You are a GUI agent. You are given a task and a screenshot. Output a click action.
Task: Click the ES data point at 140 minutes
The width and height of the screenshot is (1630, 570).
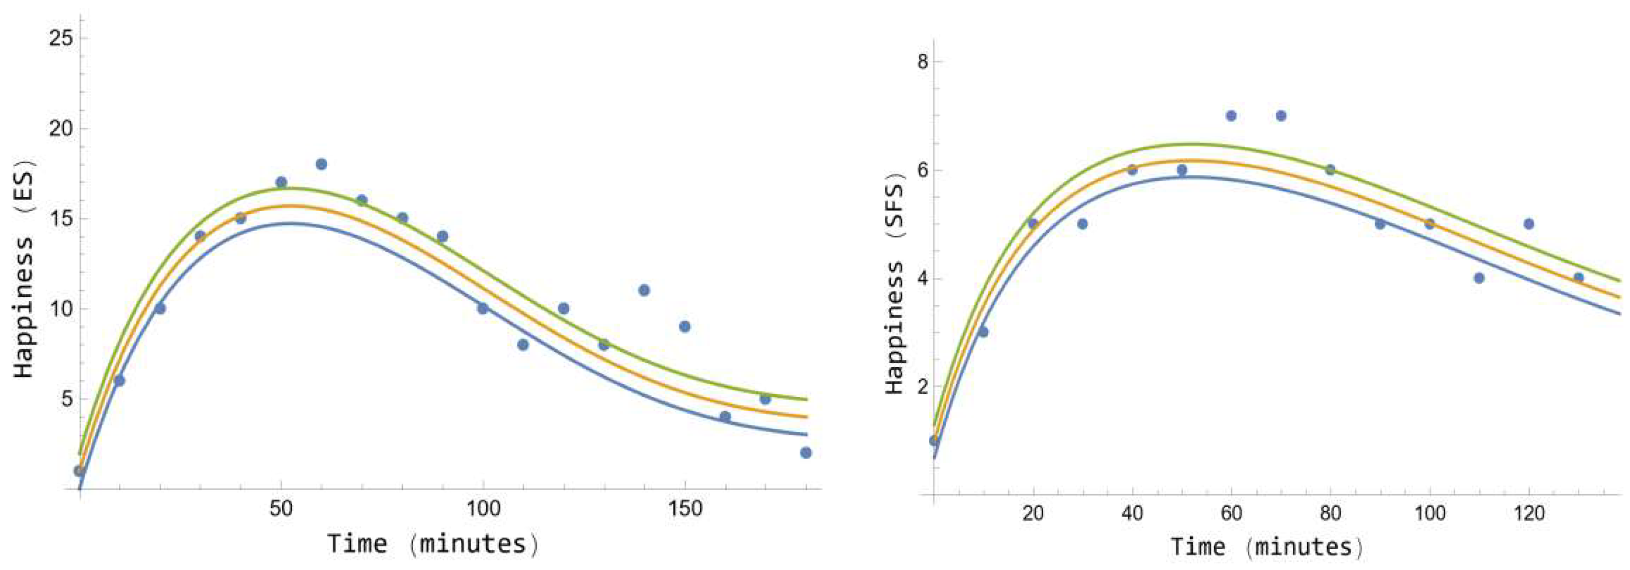coord(644,290)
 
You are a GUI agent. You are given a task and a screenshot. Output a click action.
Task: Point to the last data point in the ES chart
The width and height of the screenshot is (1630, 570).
coord(806,453)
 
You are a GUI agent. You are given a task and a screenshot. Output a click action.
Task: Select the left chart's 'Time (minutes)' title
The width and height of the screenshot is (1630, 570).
coord(433,544)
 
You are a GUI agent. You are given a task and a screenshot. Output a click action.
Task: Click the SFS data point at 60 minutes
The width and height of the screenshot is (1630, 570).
coord(1231,116)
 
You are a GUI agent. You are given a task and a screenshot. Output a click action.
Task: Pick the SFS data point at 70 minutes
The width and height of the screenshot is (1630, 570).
coord(1281,116)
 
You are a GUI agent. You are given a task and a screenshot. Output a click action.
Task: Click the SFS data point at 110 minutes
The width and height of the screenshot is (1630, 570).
coord(1479,278)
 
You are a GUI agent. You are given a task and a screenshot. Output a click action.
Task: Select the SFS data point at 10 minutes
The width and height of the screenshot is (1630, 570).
coord(983,332)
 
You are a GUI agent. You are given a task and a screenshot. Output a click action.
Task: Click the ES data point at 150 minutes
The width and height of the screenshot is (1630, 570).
coord(685,326)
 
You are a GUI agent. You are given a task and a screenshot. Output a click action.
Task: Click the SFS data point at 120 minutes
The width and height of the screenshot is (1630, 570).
coord(1529,224)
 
